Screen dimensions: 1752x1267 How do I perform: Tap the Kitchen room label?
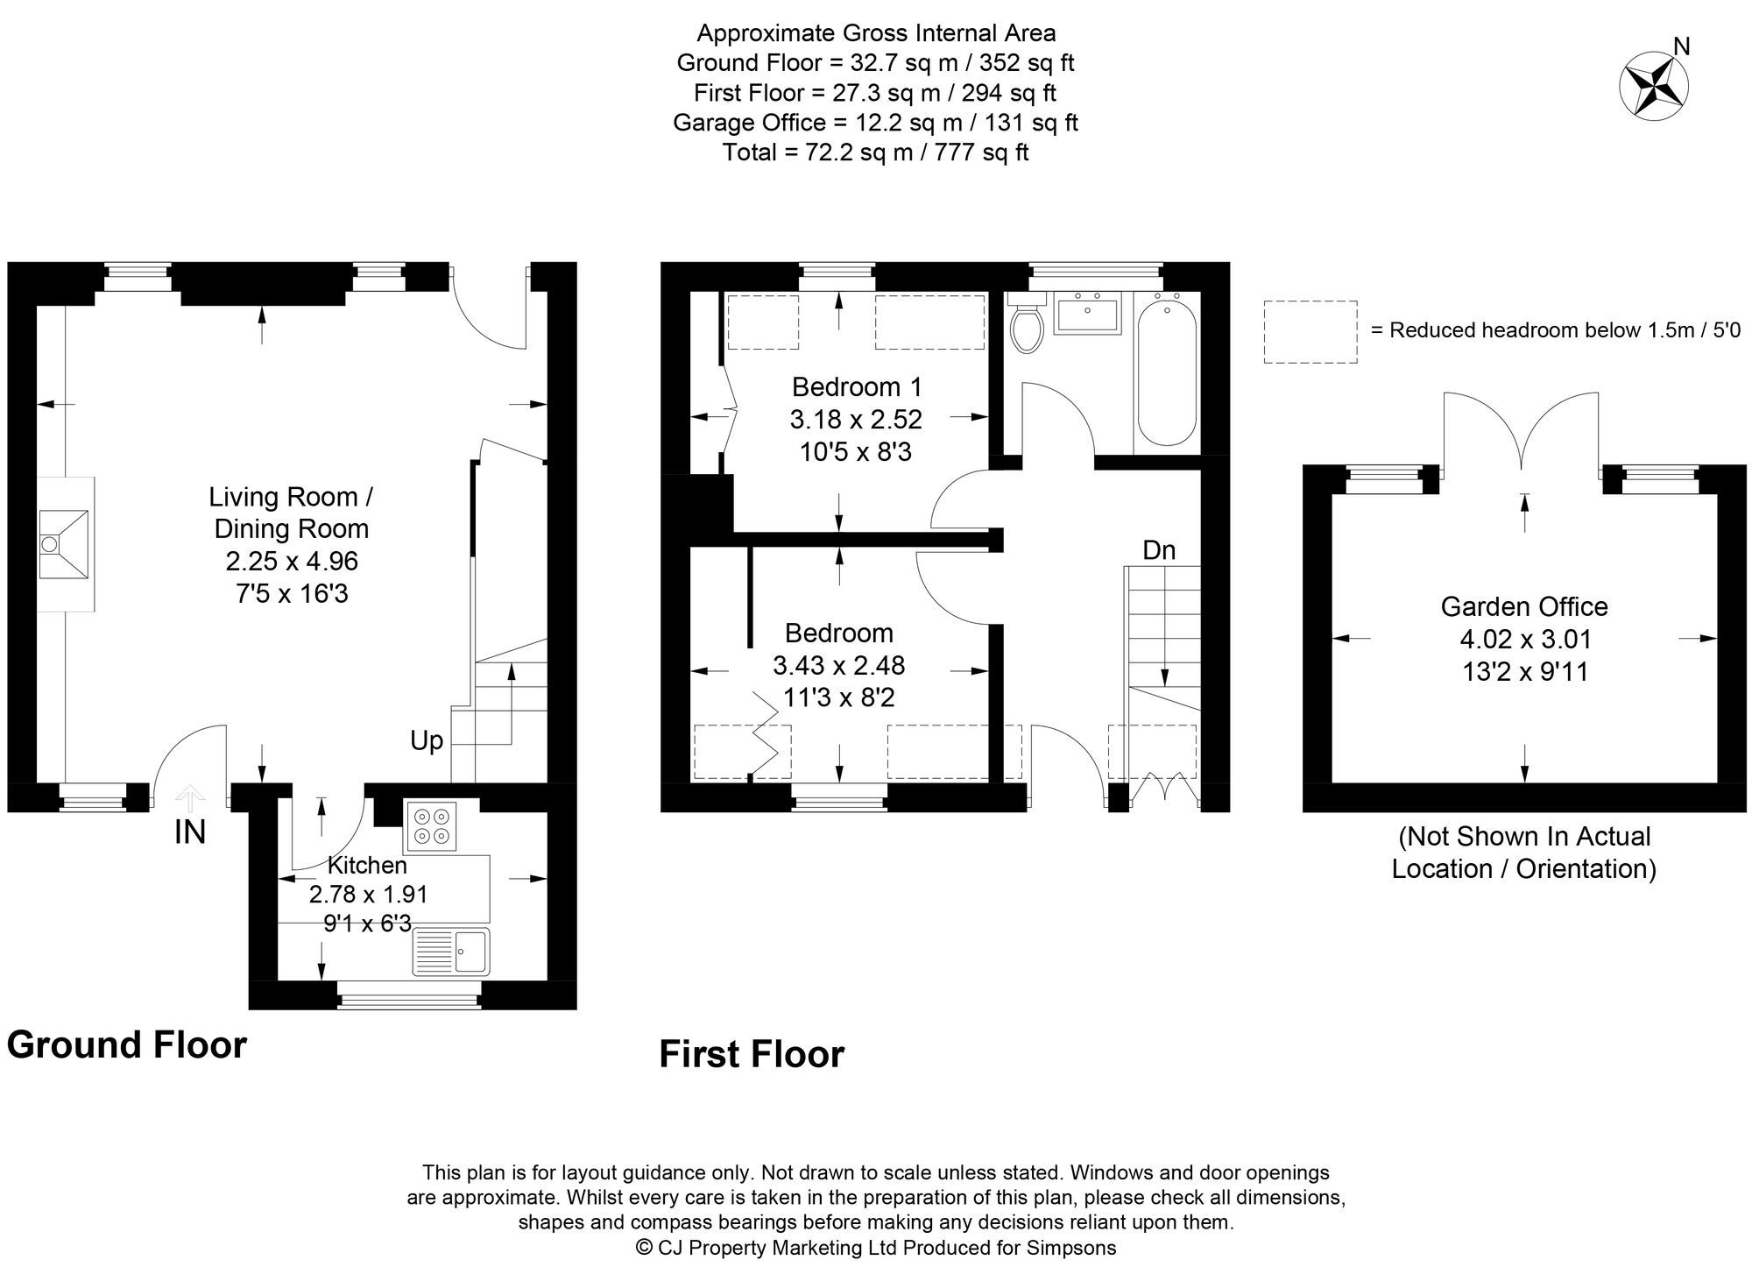(x=367, y=865)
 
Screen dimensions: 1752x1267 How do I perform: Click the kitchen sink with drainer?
(x=451, y=952)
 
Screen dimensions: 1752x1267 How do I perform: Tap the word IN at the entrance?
(x=190, y=832)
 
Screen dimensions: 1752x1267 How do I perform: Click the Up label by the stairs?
(x=427, y=741)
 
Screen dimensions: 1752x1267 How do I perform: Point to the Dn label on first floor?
(x=1159, y=550)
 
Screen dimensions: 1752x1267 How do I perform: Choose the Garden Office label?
(x=1524, y=606)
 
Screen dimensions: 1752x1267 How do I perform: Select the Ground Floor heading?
(x=127, y=1044)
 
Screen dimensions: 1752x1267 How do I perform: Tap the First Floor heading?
(x=752, y=1054)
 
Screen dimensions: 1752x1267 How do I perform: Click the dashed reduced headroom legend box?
(x=1310, y=331)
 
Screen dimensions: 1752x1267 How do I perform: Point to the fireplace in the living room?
(x=66, y=544)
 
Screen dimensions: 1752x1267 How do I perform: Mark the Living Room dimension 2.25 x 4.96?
(x=292, y=561)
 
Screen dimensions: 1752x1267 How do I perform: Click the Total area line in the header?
(x=875, y=152)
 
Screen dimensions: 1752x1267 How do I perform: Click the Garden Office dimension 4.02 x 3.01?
(x=1525, y=639)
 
